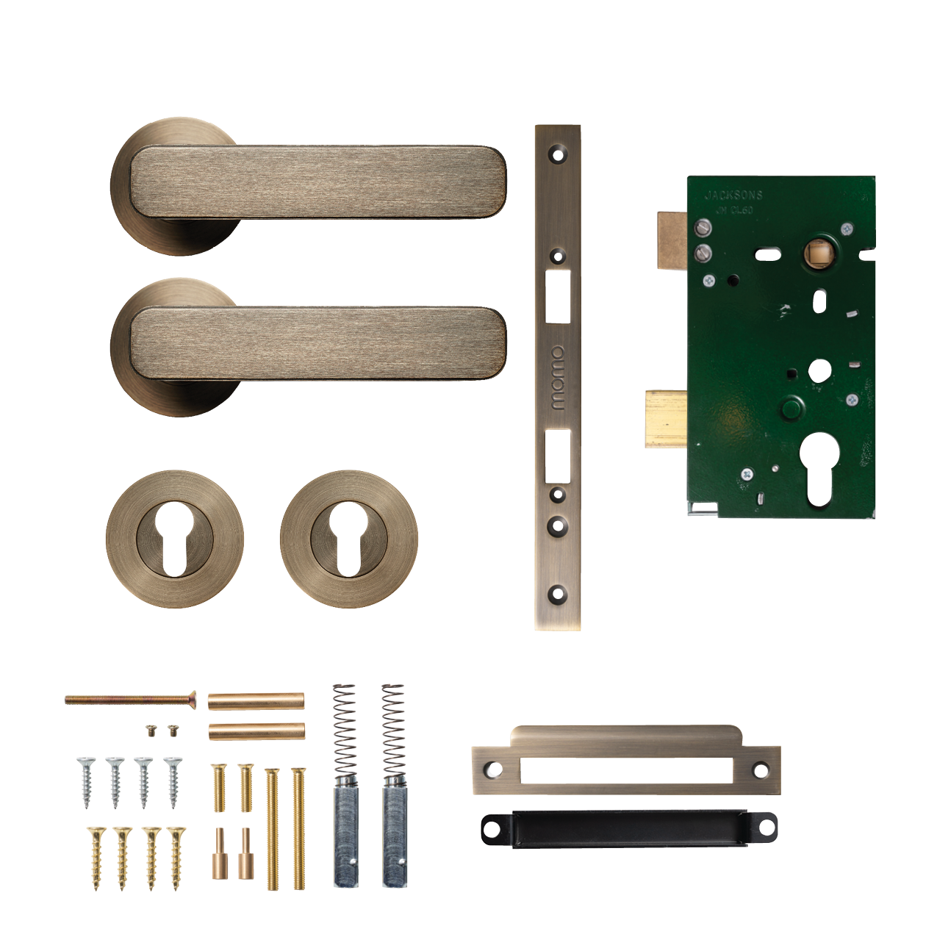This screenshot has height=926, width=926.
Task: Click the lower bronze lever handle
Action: (x=316, y=343)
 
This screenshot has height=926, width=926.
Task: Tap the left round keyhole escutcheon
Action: (x=175, y=539)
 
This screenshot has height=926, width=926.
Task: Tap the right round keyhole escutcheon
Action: (x=349, y=539)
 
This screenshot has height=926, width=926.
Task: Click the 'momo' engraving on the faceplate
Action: (x=558, y=378)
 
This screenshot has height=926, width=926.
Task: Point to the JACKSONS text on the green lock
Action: (x=733, y=195)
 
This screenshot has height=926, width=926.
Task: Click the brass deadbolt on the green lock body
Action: (x=666, y=418)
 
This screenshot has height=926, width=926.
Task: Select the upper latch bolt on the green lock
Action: (x=671, y=240)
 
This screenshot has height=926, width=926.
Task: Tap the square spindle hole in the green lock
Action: (x=817, y=254)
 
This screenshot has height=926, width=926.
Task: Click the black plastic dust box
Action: (x=628, y=829)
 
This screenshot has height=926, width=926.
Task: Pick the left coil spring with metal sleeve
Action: (x=345, y=786)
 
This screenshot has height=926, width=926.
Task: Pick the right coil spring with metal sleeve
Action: (x=394, y=786)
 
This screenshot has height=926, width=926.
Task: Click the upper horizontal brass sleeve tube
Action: (x=256, y=701)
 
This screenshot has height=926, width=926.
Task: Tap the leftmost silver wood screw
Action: (x=87, y=782)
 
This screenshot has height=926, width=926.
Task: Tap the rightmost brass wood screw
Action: (x=176, y=858)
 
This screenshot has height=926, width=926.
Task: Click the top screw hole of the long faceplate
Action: (x=558, y=155)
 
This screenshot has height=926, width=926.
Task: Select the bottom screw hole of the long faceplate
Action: (x=558, y=593)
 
